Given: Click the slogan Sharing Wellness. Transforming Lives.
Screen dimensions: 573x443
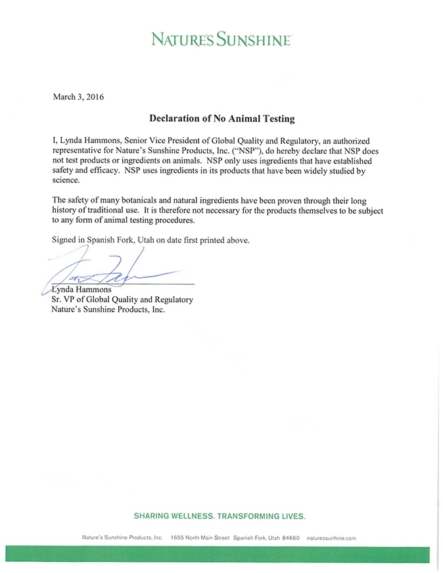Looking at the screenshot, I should (x=221, y=515).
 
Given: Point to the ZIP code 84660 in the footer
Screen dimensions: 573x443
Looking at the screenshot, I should (x=290, y=538).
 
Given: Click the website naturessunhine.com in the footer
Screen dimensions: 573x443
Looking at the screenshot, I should (x=331, y=538).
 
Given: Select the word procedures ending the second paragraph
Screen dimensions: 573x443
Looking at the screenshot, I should (x=170, y=221).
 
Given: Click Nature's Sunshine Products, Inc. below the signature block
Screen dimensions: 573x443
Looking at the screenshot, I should (x=107, y=309).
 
